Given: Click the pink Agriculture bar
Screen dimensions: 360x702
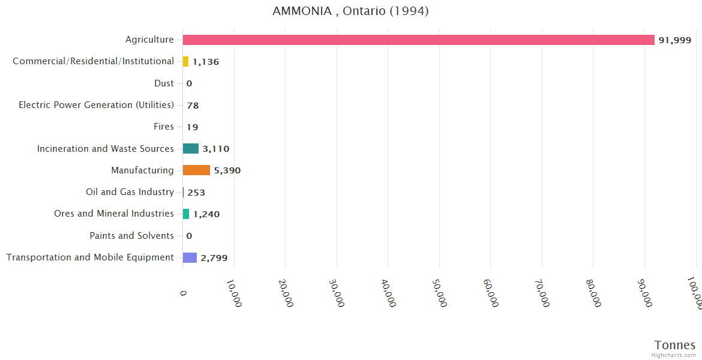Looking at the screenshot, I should tap(418, 40).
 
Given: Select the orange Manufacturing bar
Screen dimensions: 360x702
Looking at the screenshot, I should tap(196, 170).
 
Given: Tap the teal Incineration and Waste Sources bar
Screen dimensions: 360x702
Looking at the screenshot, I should tap(191, 149).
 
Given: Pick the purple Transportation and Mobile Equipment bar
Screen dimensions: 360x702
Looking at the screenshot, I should tap(190, 257).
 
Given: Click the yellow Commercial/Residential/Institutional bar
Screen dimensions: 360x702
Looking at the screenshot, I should tap(185, 61).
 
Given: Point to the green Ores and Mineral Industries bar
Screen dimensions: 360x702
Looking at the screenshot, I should tap(186, 214).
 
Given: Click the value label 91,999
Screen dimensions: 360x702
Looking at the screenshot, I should tap(674, 40).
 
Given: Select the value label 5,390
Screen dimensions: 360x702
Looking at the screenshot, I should tap(227, 170).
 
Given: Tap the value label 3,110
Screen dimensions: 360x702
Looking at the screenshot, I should tap(215, 149).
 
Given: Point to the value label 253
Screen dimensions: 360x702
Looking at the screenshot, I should tap(196, 193).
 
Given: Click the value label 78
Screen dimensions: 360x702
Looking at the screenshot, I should tap(193, 106).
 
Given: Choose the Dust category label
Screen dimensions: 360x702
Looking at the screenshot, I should tap(164, 83).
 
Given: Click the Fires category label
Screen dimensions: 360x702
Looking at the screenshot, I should tap(164, 127).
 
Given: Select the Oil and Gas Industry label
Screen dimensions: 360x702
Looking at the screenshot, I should tap(130, 192).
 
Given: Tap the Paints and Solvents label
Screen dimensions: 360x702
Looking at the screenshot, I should tap(131, 236).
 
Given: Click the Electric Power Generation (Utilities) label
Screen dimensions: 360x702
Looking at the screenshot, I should tap(96, 105).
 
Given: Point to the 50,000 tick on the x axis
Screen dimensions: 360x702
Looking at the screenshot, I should tap(440, 293).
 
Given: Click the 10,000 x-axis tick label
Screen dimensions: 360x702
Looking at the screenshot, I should tap(235, 293).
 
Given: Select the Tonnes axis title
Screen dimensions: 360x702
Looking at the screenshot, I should tap(674, 345).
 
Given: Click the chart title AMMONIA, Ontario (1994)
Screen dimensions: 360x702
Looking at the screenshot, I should tap(350, 11).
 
